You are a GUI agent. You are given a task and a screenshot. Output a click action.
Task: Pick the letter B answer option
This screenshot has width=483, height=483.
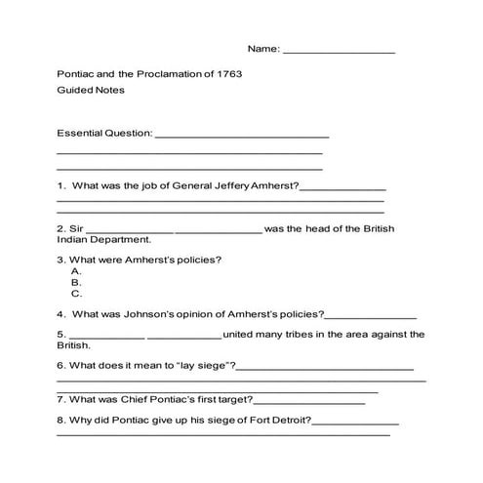(x=75, y=282)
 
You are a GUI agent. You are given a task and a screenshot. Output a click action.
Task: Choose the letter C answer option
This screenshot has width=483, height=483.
(x=75, y=293)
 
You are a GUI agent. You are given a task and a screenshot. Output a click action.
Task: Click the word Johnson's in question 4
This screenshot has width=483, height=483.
(x=166, y=314)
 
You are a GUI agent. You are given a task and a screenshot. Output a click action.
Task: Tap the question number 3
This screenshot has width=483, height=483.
(x=60, y=260)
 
